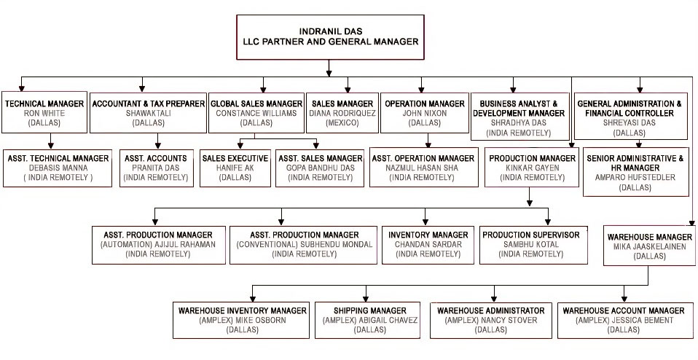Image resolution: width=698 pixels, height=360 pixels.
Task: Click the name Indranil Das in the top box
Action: [x=330, y=31]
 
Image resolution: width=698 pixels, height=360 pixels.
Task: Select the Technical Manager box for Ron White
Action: [x=44, y=112]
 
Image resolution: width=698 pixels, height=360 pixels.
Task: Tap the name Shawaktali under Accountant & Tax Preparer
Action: [x=148, y=113]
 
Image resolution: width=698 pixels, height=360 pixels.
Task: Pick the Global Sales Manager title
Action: [x=256, y=103]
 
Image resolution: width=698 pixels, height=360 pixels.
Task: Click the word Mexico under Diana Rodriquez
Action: [x=341, y=123]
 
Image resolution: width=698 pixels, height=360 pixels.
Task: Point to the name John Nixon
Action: [x=424, y=113]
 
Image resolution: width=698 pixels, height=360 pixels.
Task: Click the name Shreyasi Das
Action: [x=630, y=123]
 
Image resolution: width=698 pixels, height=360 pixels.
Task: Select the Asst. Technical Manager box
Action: [x=58, y=168]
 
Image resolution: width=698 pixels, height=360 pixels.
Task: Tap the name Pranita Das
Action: [x=157, y=168]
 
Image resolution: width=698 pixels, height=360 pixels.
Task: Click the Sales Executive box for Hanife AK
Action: [x=235, y=168]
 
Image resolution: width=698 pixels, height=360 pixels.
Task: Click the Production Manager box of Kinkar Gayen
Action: [x=533, y=168]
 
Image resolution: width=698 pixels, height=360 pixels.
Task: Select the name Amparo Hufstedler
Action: [x=635, y=177]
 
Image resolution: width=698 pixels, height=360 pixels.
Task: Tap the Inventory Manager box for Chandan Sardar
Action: [x=428, y=244]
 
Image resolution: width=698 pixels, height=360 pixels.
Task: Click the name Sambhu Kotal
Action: [x=532, y=244]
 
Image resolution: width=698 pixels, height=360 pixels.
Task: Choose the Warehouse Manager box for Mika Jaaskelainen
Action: [x=649, y=246]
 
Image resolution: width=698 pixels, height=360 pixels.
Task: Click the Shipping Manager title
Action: [x=370, y=310]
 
